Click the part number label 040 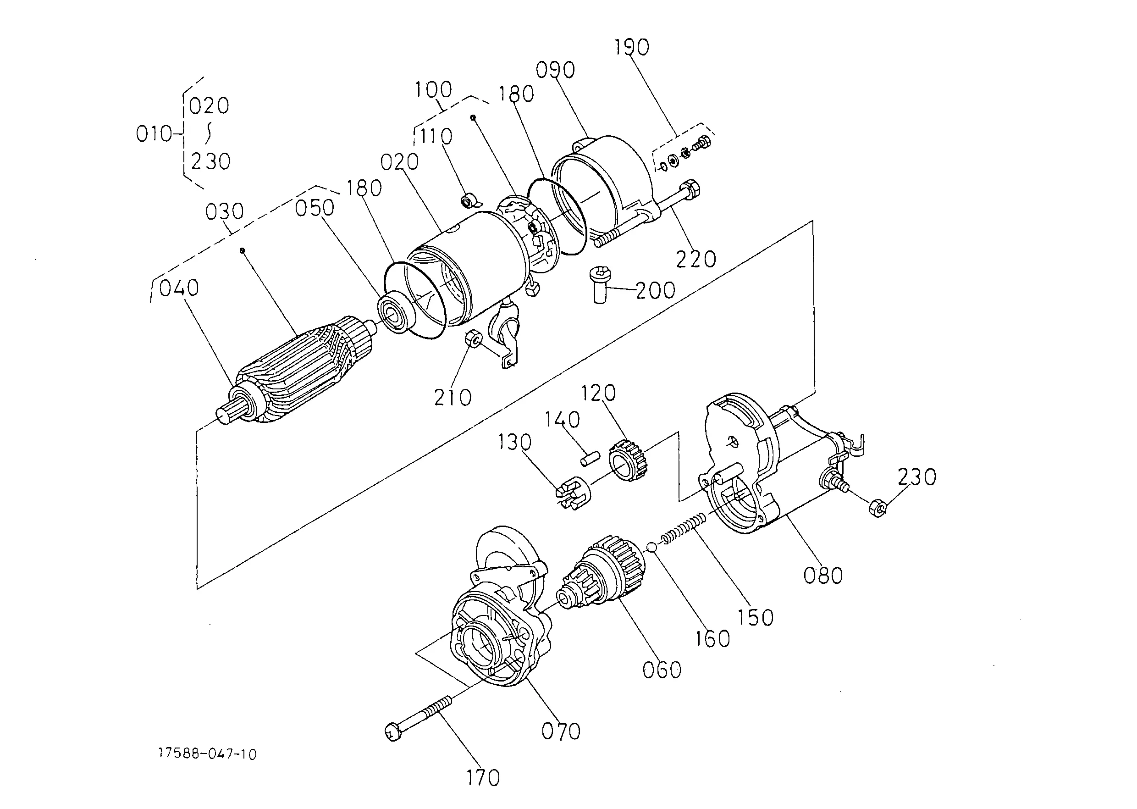[179, 288]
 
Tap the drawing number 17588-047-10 [207, 754]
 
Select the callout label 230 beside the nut [917, 477]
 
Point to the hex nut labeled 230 [878, 508]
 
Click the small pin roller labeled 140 [591, 458]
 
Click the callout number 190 [631, 47]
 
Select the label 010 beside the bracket [155, 133]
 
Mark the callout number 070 [561, 731]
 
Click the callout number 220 [696, 259]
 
